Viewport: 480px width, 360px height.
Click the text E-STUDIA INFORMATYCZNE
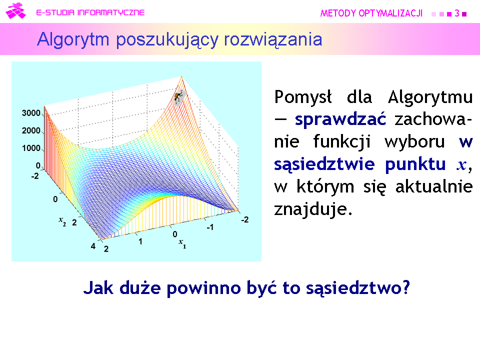[90, 12]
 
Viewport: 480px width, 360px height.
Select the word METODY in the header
[338, 13]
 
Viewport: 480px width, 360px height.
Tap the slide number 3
[457, 13]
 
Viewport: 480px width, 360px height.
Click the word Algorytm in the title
[73, 40]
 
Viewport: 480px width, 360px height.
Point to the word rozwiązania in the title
[273, 40]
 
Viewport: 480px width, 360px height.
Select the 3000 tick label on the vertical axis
[31, 113]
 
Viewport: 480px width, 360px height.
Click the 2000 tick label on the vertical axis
[31, 130]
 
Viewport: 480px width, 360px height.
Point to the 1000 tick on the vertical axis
[31, 148]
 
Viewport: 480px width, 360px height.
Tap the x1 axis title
[182, 243]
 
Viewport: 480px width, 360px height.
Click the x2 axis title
[62, 221]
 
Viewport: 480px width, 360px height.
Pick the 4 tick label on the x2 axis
[93, 246]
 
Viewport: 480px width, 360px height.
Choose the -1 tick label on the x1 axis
[210, 227]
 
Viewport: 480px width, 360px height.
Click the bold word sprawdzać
[340, 119]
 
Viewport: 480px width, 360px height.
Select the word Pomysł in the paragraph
[303, 97]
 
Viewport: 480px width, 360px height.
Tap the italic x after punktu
[461, 165]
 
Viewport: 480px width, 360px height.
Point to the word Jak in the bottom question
[98, 288]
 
